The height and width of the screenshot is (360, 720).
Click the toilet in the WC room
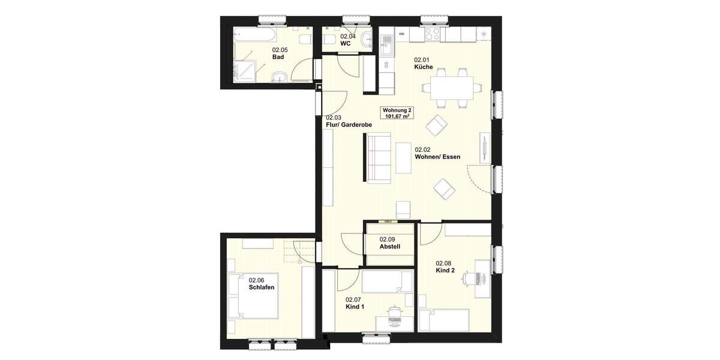[x=329, y=40]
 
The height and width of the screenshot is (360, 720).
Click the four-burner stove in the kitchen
[x=431, y=34]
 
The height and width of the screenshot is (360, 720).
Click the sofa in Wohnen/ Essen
[x=379, y=157]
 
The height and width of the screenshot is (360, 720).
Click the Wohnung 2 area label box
[x=397, y=113]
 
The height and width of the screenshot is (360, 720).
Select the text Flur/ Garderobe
[x=349, y=125]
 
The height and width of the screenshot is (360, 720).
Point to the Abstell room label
[x=389, y=247]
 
